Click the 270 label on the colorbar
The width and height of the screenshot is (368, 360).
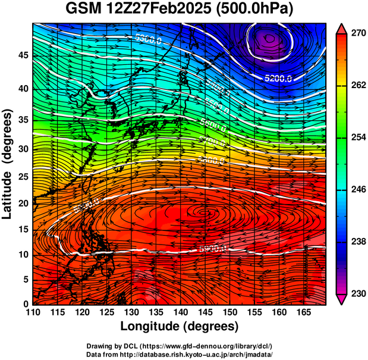tap(357, 34)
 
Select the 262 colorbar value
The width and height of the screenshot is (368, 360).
tap(357, 86)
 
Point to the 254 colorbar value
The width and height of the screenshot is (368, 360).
tap(357, 137)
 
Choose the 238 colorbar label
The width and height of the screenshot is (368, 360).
tap(357, 242)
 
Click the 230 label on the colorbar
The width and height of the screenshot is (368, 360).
tap(357, 293)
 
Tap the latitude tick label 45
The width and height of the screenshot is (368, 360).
tap(22, 55)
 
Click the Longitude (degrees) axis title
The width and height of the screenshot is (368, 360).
tap(180, 327)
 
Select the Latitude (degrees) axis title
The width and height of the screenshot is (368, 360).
tap(8, 164)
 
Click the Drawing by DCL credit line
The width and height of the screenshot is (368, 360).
tap(180, 346)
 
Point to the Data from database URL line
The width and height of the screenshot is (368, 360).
tap(180, 354)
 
